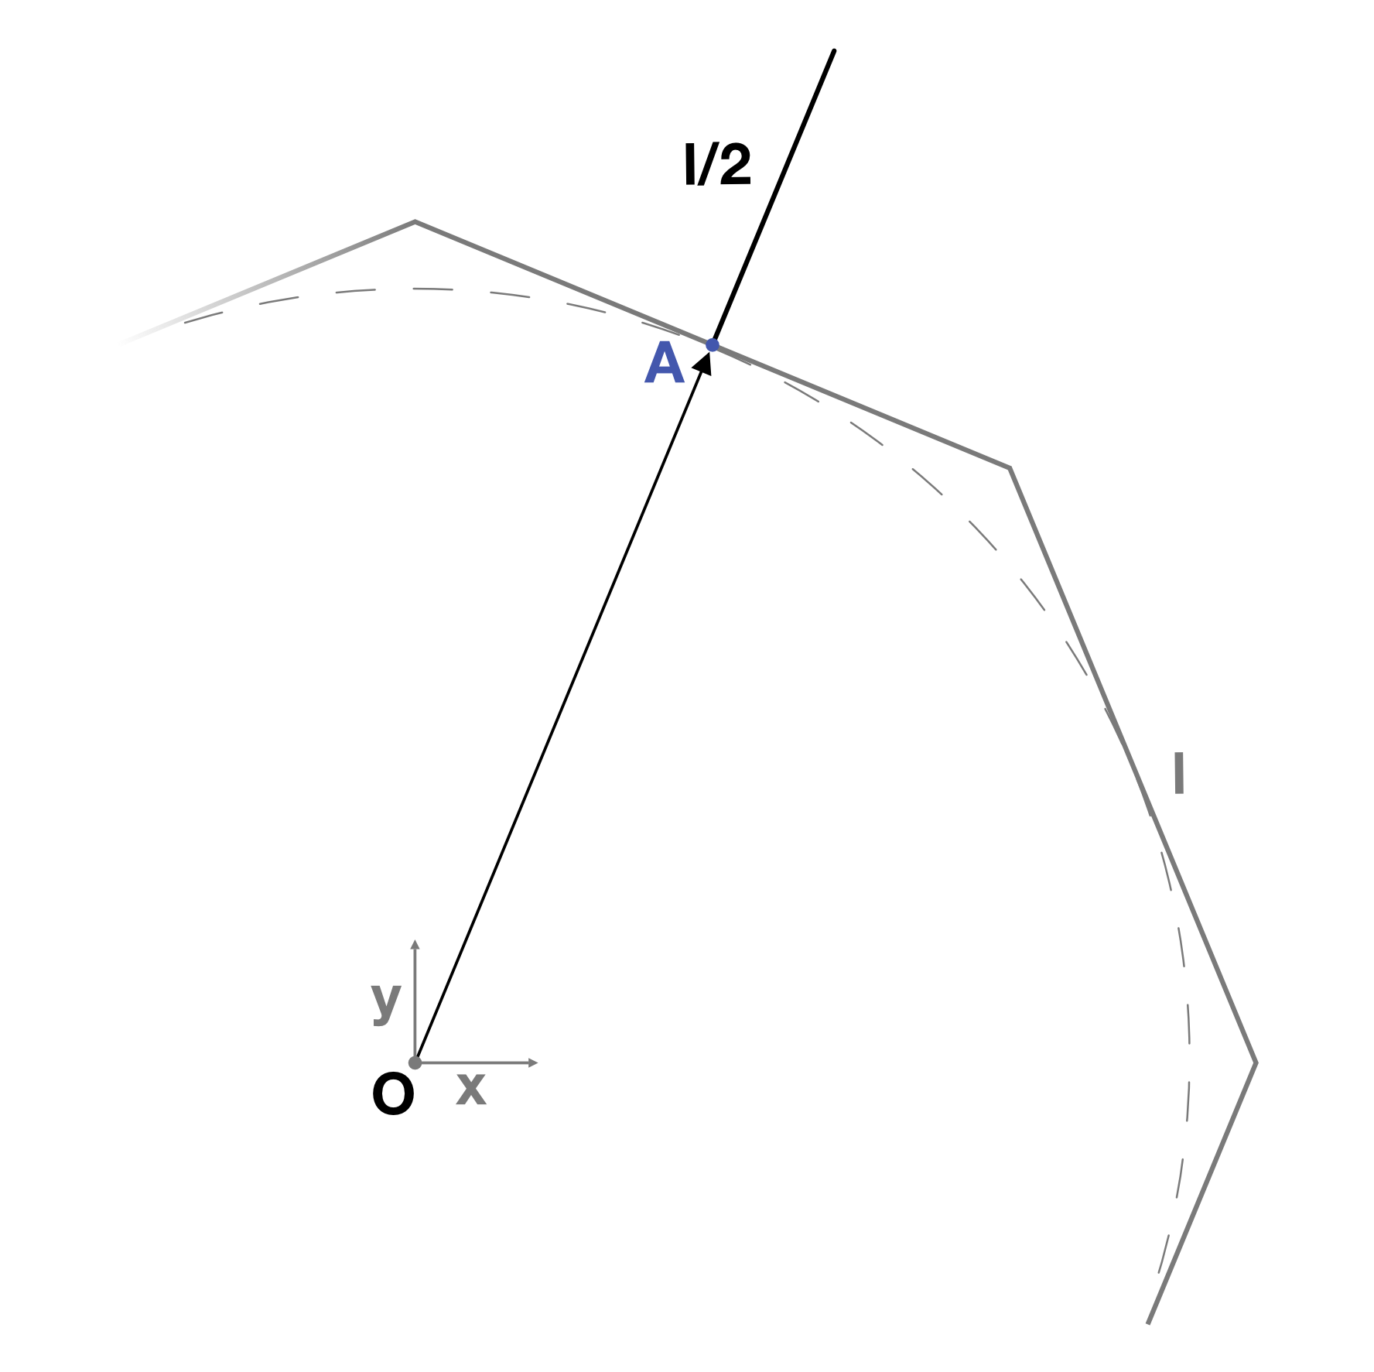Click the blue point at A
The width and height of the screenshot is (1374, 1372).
[x=713, y=345]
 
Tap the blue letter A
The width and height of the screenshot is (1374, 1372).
[x=665, y=364]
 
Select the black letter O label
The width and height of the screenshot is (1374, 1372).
[x=393, y=1096]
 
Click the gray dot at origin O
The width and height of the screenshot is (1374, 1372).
[x=415, y=1062]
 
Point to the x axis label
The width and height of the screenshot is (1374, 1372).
[x=471, y=1089]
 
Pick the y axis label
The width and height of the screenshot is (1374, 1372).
[x=386, y=1003]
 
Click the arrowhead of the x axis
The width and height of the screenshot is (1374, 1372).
[x=533, y=1062]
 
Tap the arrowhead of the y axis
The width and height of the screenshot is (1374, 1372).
[x=415, y=944]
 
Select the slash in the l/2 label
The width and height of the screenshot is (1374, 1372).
[x=706, y=165]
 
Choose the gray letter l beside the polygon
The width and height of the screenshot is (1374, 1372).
[x=1179, y=773]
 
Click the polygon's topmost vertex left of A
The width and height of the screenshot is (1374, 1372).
[x=415, y=222]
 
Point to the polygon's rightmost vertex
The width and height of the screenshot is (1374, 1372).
[x=1255, y=1062]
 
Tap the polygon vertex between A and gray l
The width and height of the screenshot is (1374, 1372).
[x=1010, y=467]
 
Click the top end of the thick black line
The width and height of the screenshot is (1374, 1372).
[x=834, y=51]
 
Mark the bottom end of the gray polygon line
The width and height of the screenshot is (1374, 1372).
[x=1148, y=1322]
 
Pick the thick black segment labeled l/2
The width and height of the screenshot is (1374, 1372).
[x=774, y=198]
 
